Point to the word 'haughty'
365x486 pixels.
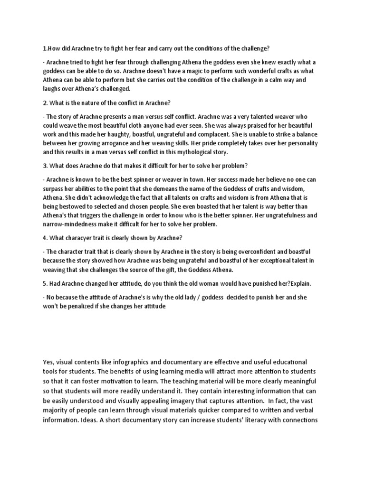coord(120,135)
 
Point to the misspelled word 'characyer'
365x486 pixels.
coord(86,237)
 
